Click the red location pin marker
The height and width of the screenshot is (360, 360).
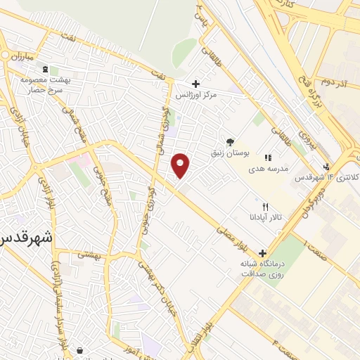point(181,165)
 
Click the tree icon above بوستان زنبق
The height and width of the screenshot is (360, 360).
point(230,141)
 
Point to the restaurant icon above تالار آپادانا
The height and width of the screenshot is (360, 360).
point(265,207)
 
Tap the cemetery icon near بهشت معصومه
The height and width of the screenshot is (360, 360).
point(46,70)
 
